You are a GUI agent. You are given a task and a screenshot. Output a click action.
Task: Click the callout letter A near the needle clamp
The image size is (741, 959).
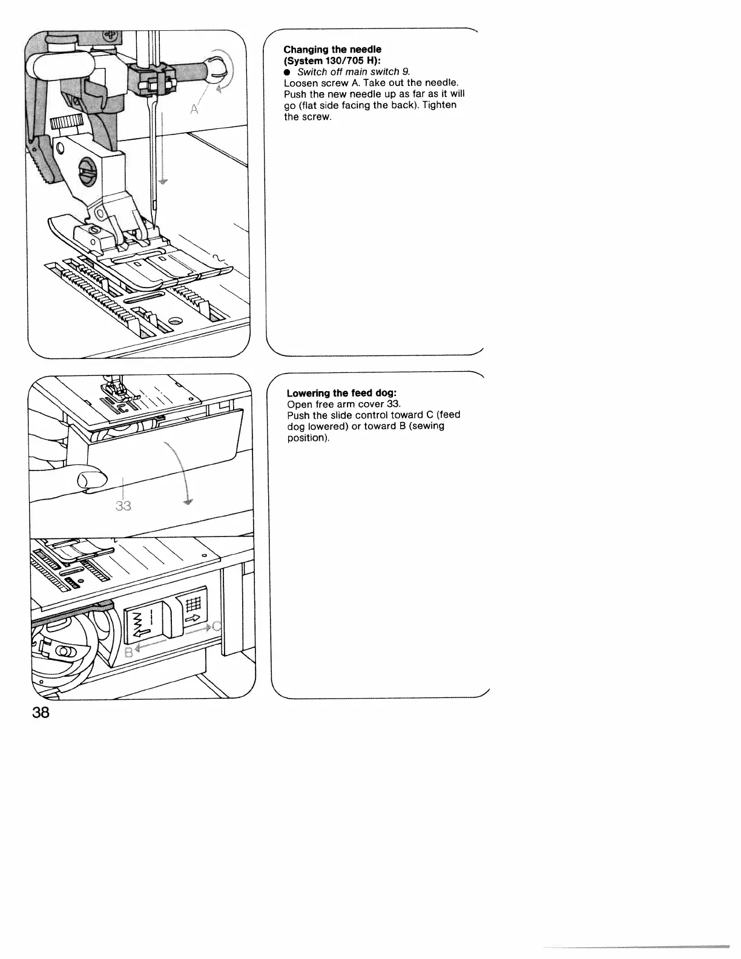pos(195,110)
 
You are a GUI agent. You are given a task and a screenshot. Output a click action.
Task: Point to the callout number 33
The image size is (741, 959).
pos(123,506)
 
